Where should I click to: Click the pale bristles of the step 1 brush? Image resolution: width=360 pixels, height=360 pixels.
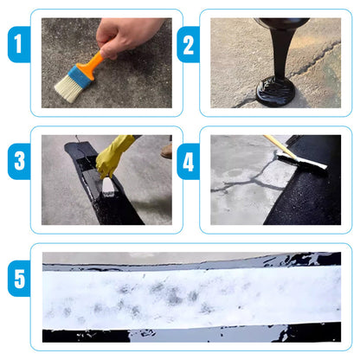[x=67, y=88]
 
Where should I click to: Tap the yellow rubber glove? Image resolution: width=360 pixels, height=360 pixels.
[x=116, y=154]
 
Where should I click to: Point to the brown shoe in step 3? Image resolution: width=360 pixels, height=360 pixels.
[x=165, y=150]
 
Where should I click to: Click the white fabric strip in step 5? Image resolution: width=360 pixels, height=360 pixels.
[x=190, y=296]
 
